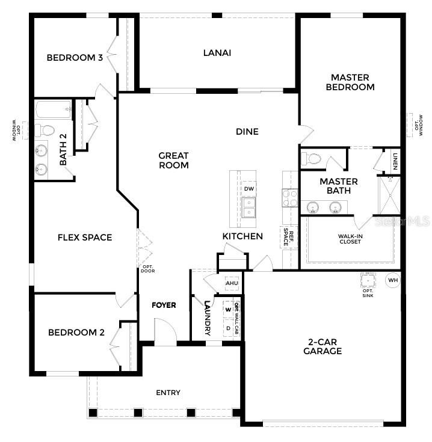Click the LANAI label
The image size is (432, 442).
(x=217, y=53)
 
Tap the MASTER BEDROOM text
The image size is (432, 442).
(x=350, y=82)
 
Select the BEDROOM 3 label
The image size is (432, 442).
(x=74, y=58)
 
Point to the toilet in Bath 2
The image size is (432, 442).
(x=46, y=130)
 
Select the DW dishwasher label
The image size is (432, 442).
(x=248, y=189)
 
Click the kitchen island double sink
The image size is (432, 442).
(x=248, y=207)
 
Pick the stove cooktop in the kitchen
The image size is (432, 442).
(x=290, y=198)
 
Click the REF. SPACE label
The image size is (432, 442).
(x=290, y=237)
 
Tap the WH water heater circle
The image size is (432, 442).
(x=392, y=280)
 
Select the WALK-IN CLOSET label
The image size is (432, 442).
(x=350, y=239)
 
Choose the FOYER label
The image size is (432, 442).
(x=164, y=305)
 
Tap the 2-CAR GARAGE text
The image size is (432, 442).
(x=322, y=346)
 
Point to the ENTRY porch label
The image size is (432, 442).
(x=168, y=393)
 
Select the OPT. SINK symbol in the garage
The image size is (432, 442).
(x=368, y=280)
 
